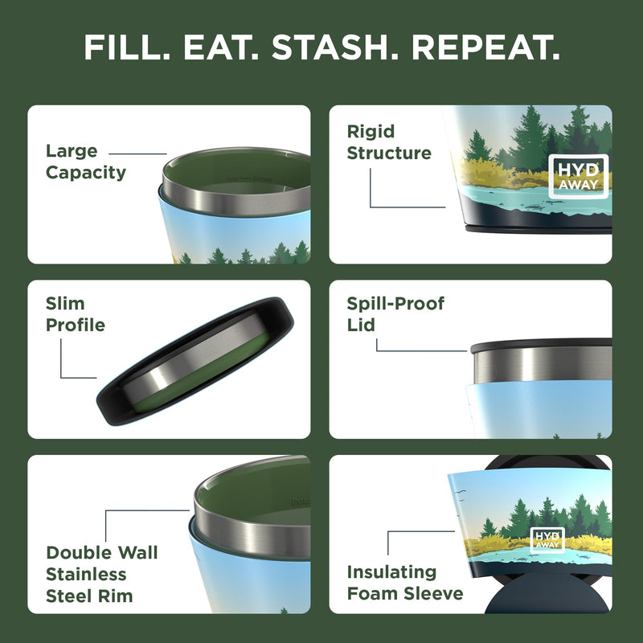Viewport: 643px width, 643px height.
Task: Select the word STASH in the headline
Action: click(x=340, y=47)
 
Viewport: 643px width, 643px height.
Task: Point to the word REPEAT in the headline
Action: click(x=489, y=47)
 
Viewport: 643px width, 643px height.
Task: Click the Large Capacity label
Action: click(x=85, y=162)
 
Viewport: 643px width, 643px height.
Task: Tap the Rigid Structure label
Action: click(x=389, y=142)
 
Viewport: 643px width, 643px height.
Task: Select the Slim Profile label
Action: click(x=76, y=314)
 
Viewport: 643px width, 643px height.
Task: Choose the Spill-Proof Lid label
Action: click(x=395, y=314)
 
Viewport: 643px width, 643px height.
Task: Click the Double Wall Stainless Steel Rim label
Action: click(x=101, y=574)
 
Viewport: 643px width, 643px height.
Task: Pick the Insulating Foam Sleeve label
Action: click(x=405, y=583)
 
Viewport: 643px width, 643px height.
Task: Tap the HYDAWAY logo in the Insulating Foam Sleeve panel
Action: click(x=547, y=539)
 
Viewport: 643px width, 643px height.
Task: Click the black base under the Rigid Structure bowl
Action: click(x=539, y=228)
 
